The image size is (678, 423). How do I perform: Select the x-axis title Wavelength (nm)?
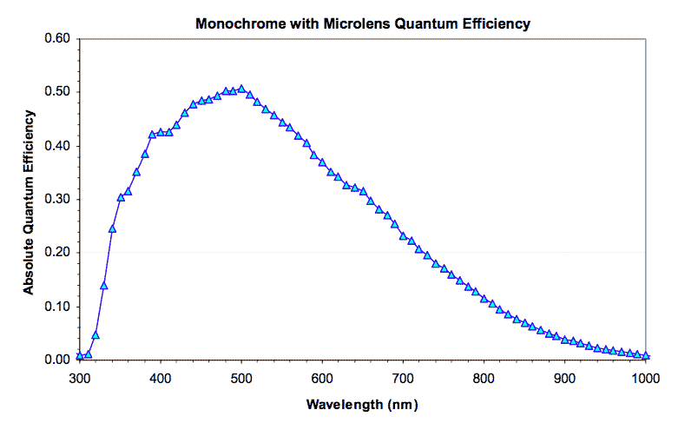coord(362,405)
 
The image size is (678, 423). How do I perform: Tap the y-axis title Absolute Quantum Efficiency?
coord(29,201)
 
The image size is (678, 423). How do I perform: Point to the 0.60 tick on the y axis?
coord(55,38)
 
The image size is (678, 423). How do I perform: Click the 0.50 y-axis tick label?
coord(55,92)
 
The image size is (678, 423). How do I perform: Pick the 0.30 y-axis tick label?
coord(55,199)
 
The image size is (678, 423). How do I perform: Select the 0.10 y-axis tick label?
coord(55,307)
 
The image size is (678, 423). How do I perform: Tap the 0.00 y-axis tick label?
coord(55,360)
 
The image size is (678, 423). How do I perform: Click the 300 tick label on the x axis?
coord(79,378)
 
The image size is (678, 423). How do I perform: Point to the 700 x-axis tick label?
coord(403,378)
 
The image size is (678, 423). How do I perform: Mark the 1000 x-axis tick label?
coord(646,378)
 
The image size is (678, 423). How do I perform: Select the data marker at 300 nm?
coord(79,355)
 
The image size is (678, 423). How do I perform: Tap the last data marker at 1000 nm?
coord(646,355)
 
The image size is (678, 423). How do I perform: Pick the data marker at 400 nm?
coord(161,133)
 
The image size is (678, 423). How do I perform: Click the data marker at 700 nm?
coord(403,235)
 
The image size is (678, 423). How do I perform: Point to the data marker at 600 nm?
coord(322,162)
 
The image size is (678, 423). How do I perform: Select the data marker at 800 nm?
coord(484,299)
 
